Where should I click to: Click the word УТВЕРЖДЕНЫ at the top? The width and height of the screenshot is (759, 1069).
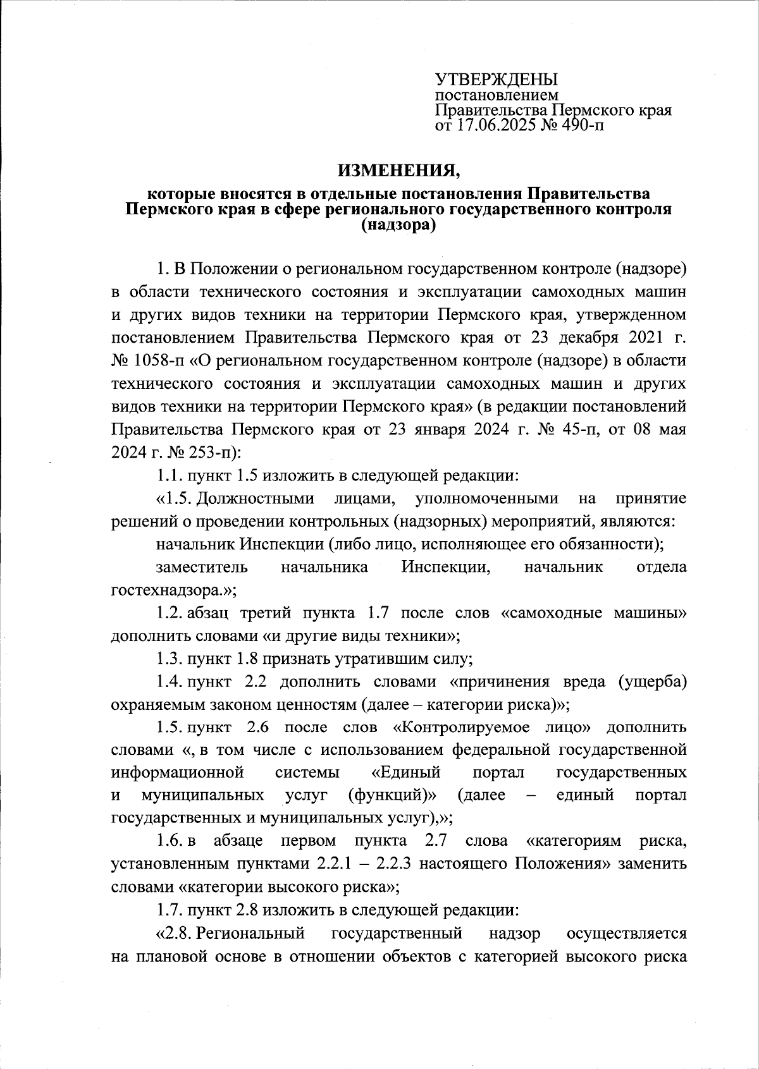coord(497,80)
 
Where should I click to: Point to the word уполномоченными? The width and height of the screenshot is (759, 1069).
coord(487,498)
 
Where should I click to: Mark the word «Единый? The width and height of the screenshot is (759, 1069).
coord(405,773)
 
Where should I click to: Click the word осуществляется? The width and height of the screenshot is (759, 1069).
coord(626,932)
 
